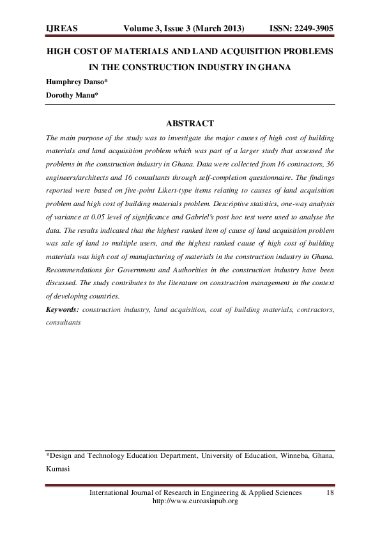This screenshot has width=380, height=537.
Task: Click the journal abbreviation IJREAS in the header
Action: click(63, 30)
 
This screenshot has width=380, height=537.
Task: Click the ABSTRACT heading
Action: click(190, 123)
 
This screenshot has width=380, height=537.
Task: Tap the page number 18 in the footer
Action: click(330, 493)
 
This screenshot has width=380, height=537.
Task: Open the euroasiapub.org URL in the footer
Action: click(192, 502)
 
